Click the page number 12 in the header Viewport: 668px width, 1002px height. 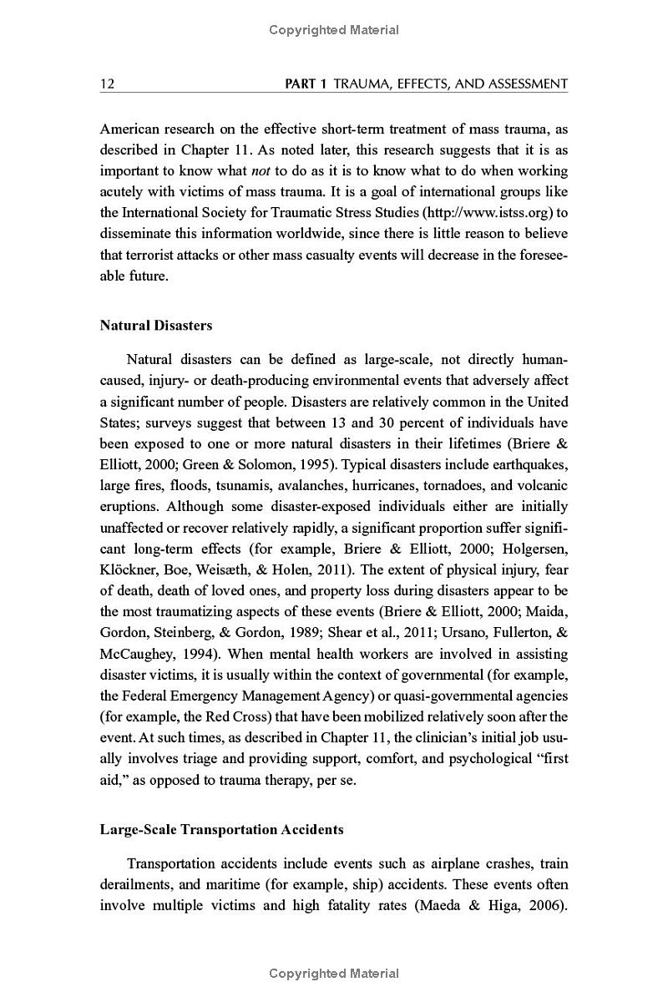pos(107,83)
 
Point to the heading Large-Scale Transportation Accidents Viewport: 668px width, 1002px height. pos(222,829)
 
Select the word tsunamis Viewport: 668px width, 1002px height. pos(247,484)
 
